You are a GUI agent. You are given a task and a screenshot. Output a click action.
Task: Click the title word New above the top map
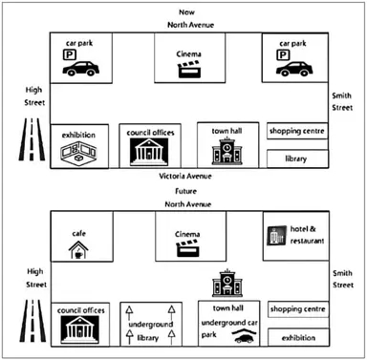[x=184, y=9]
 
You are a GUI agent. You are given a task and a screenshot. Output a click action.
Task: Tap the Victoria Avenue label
[x=184, y=178]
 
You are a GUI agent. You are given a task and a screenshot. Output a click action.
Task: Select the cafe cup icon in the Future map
[x=76, y=250]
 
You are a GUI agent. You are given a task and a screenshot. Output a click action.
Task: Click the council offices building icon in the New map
[x=149, y=151]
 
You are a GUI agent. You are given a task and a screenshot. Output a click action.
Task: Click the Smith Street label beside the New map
[x=342, y=102]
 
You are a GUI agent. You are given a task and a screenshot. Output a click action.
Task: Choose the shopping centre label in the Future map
[x=295, y=309]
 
